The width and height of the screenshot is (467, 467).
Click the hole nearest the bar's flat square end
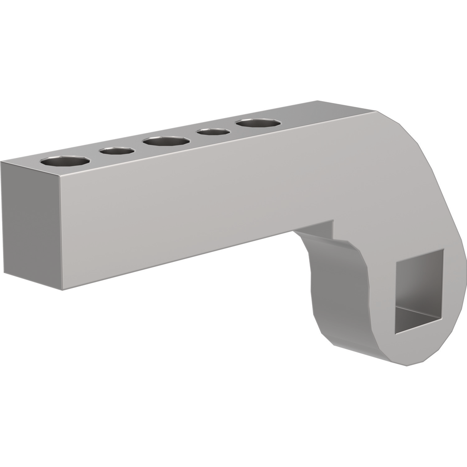click(x=65, y=161)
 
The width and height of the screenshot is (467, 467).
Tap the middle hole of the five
click(x=166, y=141)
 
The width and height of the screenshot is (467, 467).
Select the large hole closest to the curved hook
click(x=258, y=123)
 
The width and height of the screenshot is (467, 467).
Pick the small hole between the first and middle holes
click(x=117, y=150)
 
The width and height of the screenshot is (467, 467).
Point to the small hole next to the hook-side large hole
click(x=213, y=131)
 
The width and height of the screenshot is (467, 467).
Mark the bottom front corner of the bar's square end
click(x=62, y=290)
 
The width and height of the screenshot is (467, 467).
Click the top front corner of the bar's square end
click(x=60, y=176)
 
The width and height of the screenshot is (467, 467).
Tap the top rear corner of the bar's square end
click(x=1, y=162)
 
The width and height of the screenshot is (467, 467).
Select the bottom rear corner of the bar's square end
click(x=4, y=272)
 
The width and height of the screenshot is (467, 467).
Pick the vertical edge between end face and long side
click(x=61, y=233)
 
